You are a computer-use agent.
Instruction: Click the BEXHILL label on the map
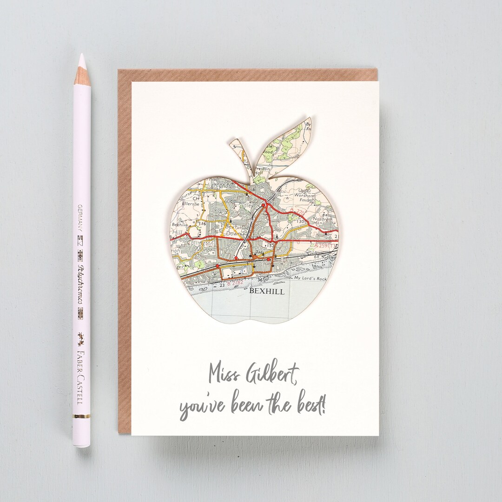point(266,291)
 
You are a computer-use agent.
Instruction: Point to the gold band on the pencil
point(81,416)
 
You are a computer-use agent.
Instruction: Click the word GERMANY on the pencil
point(80,218)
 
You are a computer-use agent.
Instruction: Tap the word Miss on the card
point(223,373)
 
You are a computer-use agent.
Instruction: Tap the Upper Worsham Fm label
point(305,196)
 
